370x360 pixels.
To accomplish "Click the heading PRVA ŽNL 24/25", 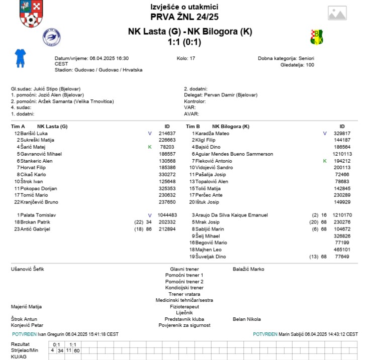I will pos(184,17).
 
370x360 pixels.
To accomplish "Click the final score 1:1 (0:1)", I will pos(184,42).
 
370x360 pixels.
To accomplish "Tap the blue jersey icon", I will pos(20,58).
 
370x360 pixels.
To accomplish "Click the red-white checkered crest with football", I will pos(31,14).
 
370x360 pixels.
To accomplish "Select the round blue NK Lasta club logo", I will pos(51,37).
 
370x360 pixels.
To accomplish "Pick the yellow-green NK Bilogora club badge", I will pos(316,37).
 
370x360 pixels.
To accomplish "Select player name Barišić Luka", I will pos(34,134).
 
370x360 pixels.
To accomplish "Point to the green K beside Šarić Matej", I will pos(149,147).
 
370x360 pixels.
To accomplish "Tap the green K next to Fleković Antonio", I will pos(325,161).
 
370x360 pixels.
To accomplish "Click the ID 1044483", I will pos(166,215).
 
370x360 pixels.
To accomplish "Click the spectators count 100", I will pos(310,65).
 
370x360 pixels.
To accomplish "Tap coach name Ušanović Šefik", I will pos(28,269).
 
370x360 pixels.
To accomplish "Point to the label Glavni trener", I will pos(184,269).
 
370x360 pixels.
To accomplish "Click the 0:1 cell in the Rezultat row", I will pos(57,344).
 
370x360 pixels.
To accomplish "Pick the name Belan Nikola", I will pos(246,319).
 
